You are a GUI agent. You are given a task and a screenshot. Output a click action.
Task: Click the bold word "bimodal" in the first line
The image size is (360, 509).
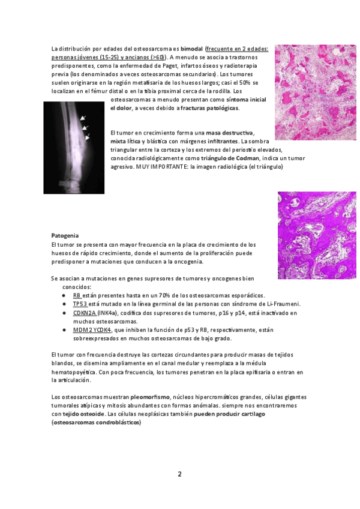191,48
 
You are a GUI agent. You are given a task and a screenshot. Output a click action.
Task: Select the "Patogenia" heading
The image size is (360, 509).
65,235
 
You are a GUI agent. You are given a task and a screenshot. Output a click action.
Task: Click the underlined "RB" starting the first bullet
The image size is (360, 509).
77,295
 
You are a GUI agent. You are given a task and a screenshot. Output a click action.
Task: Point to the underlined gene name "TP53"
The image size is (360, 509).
80,304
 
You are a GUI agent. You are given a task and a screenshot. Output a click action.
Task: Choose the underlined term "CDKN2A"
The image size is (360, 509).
85,313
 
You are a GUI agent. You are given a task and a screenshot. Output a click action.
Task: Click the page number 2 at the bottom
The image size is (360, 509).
179,474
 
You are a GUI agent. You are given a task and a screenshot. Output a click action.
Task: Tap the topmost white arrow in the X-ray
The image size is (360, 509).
83,118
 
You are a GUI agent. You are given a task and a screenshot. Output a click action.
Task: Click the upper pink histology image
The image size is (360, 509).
315,92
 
